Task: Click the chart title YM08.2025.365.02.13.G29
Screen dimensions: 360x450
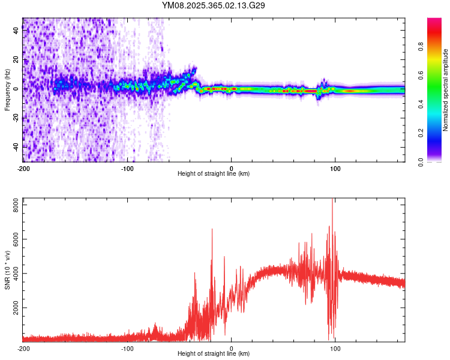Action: pos(214,5)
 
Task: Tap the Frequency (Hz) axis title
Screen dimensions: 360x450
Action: pos(7,89)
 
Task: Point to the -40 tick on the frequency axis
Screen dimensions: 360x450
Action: pos(16,146)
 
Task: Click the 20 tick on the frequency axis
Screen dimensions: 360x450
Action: pos(16,59)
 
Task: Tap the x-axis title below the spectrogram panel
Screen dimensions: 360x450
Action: pos(214,174)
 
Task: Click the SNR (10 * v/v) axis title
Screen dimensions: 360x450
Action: pos(7,269)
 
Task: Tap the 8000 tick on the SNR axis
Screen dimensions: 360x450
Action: pos(13,205)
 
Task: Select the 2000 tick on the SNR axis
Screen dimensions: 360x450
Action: pos(13,308)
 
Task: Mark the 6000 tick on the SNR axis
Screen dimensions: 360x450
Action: pos(13,239)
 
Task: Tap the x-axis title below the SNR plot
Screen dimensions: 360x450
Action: pos(214,354)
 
